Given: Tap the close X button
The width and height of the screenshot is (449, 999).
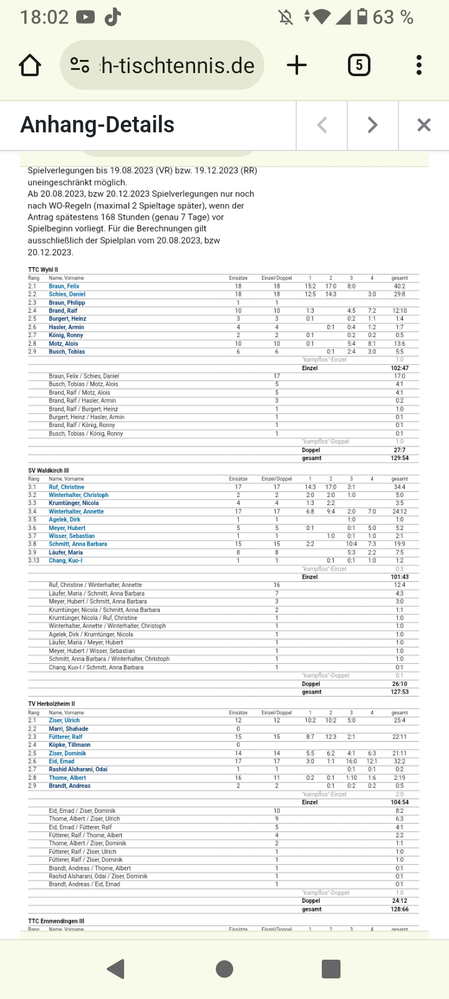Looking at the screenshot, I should [423, 125].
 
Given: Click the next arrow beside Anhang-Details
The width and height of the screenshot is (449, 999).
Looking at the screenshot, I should [372, 125].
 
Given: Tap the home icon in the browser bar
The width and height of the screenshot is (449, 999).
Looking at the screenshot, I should [30, 66].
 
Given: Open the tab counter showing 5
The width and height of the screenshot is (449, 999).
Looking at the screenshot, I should [359, 65].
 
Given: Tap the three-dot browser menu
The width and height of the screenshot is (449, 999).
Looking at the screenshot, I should [418, 65].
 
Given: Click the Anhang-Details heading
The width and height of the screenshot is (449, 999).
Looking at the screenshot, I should [97, 125].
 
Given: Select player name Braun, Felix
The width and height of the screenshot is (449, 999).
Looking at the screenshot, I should [64, 286].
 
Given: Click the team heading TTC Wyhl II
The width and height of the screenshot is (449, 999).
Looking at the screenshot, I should [43, 270].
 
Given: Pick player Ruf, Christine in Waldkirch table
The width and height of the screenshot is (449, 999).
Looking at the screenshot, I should [67, 487].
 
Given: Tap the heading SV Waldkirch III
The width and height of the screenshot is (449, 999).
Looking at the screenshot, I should [49, 471].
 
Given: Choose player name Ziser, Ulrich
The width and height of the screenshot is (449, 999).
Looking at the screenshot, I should [64, 721].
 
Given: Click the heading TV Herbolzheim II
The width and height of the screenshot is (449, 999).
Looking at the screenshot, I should [51, 704].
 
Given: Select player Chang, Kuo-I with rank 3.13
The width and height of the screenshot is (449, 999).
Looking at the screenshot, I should [65, 561].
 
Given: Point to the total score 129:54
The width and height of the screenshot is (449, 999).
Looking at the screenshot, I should [399, 458].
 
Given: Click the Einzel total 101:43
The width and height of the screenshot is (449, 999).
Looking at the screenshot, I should [399, 577].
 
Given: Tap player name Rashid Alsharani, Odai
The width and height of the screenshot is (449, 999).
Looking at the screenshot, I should [78, 769].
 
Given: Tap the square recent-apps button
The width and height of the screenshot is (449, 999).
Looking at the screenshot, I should [331, 968].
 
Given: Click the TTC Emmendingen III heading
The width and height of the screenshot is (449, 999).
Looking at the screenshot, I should [56, 921].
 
